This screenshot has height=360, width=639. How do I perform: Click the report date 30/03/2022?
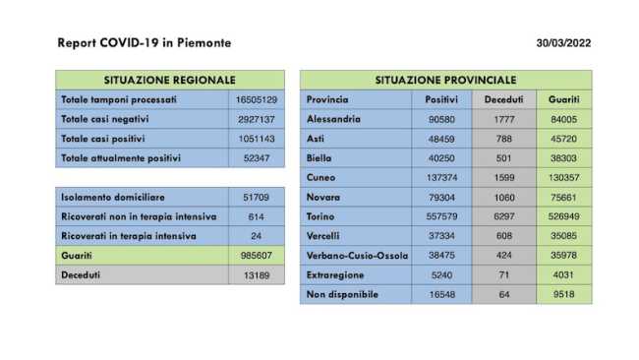point(563,43)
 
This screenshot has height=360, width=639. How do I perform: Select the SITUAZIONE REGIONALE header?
point(169,79)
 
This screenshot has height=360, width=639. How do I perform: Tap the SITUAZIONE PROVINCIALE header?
point(445,79)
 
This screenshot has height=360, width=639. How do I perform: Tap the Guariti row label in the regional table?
point(77,256)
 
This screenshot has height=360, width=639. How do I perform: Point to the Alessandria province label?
point(333,119)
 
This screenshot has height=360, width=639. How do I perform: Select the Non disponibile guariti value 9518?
point(563,294)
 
